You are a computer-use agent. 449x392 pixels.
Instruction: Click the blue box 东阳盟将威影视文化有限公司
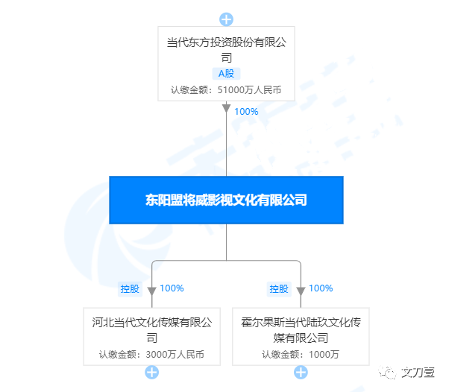point(226,200)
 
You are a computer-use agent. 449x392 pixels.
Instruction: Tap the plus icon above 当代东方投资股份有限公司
point(226,19)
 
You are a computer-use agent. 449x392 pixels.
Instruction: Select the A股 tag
point(226,74)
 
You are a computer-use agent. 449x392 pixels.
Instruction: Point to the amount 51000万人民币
point(249,90)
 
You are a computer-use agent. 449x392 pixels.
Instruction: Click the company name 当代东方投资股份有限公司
point(226,50)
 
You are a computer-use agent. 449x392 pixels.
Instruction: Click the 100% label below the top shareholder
point(246,112)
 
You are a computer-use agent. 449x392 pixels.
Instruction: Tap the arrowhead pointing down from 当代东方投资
point(226,109)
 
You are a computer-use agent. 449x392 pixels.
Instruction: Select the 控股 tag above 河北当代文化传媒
point(131,288)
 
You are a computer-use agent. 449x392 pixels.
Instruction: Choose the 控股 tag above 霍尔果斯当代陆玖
point(279,288)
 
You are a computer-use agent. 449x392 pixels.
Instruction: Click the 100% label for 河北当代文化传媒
point(172,288)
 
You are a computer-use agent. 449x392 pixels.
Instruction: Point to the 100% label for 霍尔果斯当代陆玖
point(321,288)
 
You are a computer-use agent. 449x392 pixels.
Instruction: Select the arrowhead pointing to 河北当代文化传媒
point(151,290)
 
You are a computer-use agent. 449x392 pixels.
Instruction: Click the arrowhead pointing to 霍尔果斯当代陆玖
point(301,290)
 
